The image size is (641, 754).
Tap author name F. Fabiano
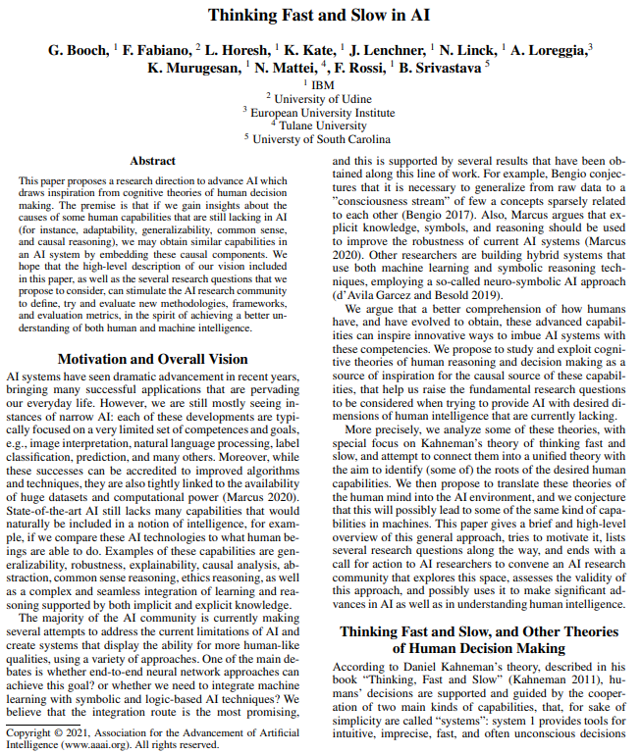[x=157, y=50]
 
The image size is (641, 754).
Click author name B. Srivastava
[x=440, y=68]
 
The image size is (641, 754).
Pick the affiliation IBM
[x=323, y=85]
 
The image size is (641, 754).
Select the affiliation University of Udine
[x=323, y=99]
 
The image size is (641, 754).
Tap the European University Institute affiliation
[x=323, y=113]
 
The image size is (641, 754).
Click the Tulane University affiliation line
[x=323, y=126]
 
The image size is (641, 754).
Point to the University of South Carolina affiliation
[x=323, y=139]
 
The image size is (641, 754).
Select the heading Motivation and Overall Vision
[x=152, y=360]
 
